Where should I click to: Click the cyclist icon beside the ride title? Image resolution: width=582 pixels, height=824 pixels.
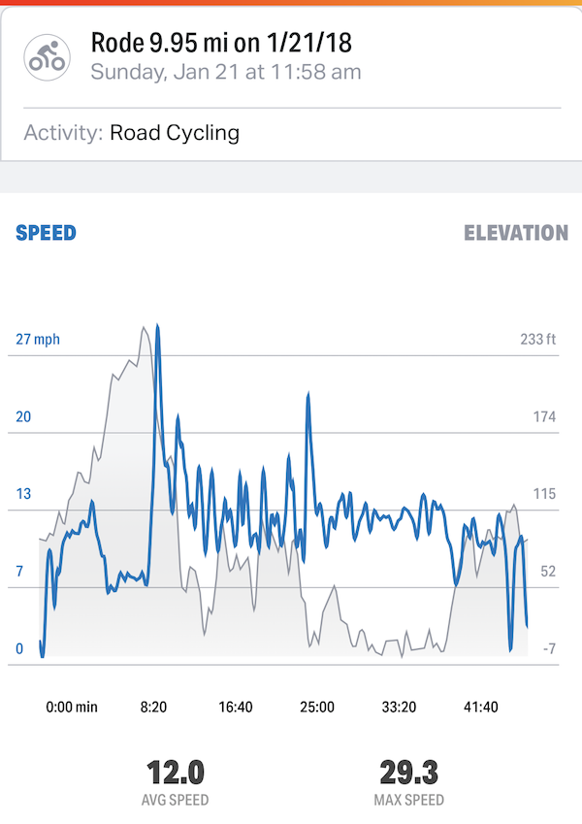47,57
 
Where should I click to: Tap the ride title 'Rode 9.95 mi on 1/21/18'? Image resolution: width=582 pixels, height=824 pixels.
221,43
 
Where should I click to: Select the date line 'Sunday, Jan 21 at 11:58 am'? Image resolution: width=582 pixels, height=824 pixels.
225,72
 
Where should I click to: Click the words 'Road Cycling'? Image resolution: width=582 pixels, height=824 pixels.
175,133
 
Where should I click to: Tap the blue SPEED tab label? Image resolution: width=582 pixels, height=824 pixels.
46,233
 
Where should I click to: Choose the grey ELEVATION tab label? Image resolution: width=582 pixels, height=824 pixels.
515,233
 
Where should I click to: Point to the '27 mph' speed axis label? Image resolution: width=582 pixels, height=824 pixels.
38,340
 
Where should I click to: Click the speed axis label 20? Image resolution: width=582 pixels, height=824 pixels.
24,417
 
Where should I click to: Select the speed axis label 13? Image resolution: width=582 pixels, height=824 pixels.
23,494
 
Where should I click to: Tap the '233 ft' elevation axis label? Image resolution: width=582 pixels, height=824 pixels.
538,340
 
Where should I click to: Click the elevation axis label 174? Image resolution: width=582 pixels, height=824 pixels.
543,417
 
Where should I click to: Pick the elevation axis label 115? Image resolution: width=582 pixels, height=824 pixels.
543,494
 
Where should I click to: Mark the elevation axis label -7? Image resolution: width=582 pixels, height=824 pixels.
547,648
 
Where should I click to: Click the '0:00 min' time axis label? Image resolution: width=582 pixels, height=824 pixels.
72,707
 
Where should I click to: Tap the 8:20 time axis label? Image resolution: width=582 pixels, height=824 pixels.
154,707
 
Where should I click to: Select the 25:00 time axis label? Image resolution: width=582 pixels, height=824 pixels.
317,707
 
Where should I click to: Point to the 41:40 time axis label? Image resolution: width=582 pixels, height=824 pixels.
480,707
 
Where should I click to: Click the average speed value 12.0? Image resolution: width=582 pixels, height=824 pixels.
176,774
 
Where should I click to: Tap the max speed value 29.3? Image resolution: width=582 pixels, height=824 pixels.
408,774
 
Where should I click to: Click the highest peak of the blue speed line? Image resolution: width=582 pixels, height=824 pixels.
157,327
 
